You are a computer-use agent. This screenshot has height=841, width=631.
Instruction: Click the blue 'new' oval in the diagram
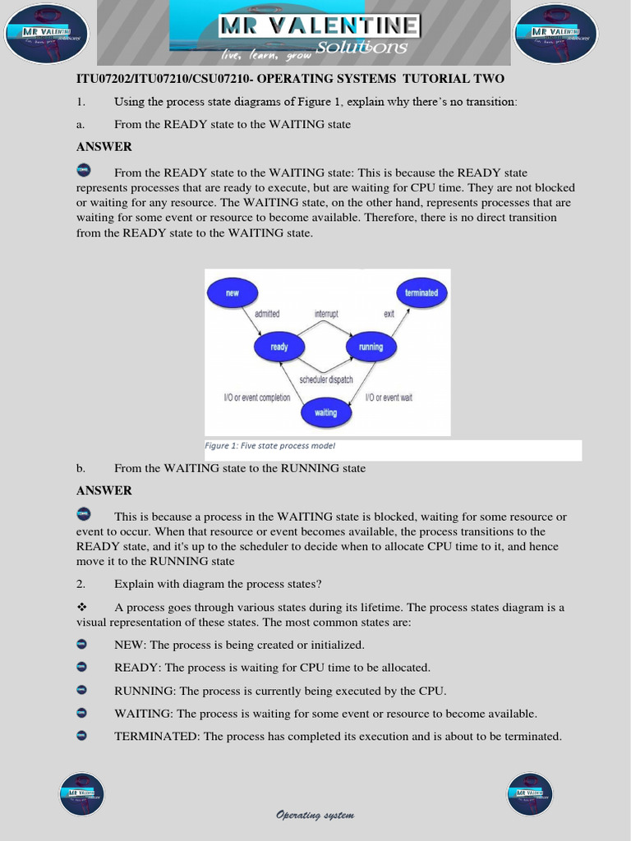[x=233, y=292]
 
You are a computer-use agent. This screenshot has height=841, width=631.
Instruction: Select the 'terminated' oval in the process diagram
[x=421, y=292]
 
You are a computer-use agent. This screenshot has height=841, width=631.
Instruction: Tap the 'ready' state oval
[x=279, y=347]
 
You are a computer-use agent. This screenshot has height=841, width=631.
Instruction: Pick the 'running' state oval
[x=371, y=347]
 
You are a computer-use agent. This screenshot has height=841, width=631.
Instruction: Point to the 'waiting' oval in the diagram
[x=326, y=412]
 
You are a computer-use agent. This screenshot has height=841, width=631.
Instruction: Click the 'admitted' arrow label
[x=267, y=314]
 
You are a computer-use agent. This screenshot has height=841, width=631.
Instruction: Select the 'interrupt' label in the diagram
[x=326, y=314]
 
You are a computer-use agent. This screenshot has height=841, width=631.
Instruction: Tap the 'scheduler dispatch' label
[x=326, y=379]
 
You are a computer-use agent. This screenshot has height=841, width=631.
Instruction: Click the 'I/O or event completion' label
[x=257, y=398]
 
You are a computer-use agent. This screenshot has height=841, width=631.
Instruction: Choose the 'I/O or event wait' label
[x=389, y=398]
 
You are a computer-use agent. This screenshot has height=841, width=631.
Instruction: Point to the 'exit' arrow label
[x=389, y=314]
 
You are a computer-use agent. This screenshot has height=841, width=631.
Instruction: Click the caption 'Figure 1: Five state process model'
[x=269, y=446]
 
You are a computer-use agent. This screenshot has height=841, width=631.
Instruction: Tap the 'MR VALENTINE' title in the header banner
[x=319, y=26]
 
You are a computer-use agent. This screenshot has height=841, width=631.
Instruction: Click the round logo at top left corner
[x=47, y=34]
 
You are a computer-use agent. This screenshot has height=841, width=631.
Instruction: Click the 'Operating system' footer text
[x=315, y=815]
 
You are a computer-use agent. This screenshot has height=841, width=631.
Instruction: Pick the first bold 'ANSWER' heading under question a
[x=104, y=147]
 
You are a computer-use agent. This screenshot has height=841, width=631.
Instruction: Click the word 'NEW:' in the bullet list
[x=130, y=646]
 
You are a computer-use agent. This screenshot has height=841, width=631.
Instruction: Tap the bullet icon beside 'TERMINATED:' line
[x=81, y=736]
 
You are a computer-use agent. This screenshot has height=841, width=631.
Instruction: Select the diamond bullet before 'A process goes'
[x=81, y=607]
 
